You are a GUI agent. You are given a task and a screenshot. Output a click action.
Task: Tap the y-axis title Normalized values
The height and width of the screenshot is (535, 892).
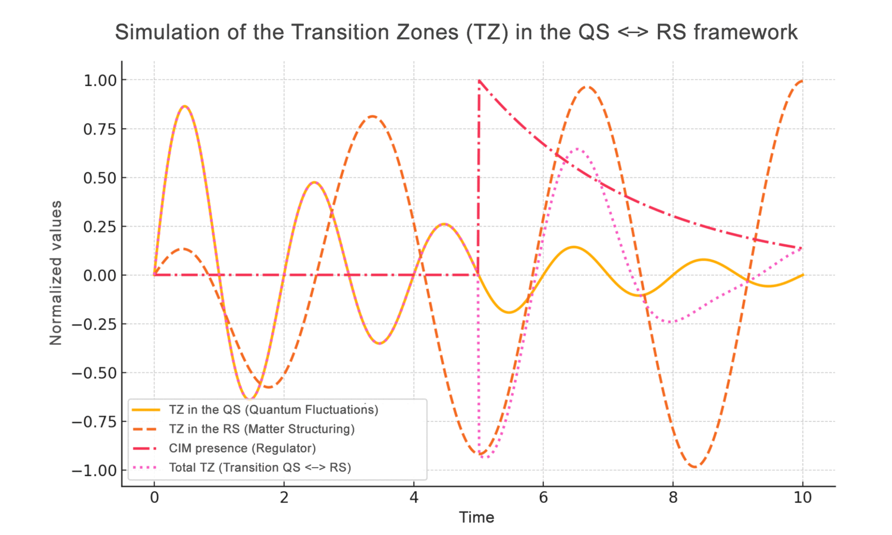56,273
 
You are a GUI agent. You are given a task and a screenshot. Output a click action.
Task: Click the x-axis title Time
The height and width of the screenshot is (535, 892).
476,518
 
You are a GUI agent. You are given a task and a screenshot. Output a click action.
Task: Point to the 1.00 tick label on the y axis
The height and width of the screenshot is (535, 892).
100,80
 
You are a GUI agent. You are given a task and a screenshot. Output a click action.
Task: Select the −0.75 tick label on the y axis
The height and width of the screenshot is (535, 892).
95,422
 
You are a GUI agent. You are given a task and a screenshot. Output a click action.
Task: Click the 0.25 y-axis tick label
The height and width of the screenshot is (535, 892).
100,226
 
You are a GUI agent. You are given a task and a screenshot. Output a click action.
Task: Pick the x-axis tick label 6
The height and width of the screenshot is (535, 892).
543,498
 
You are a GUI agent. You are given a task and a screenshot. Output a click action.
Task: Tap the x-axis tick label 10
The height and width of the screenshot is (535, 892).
802,498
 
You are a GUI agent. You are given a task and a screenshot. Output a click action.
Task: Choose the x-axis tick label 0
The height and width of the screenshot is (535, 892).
154,498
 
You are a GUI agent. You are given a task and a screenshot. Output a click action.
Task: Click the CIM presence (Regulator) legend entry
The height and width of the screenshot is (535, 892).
242,448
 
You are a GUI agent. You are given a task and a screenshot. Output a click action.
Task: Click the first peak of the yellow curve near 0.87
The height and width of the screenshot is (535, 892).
185,106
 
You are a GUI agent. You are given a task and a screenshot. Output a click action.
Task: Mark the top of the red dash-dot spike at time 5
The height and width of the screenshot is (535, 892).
479,81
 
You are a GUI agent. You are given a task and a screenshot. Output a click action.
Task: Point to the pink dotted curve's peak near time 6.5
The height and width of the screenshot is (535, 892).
577,149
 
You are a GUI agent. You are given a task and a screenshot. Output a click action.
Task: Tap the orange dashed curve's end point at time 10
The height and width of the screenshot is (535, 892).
802,81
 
